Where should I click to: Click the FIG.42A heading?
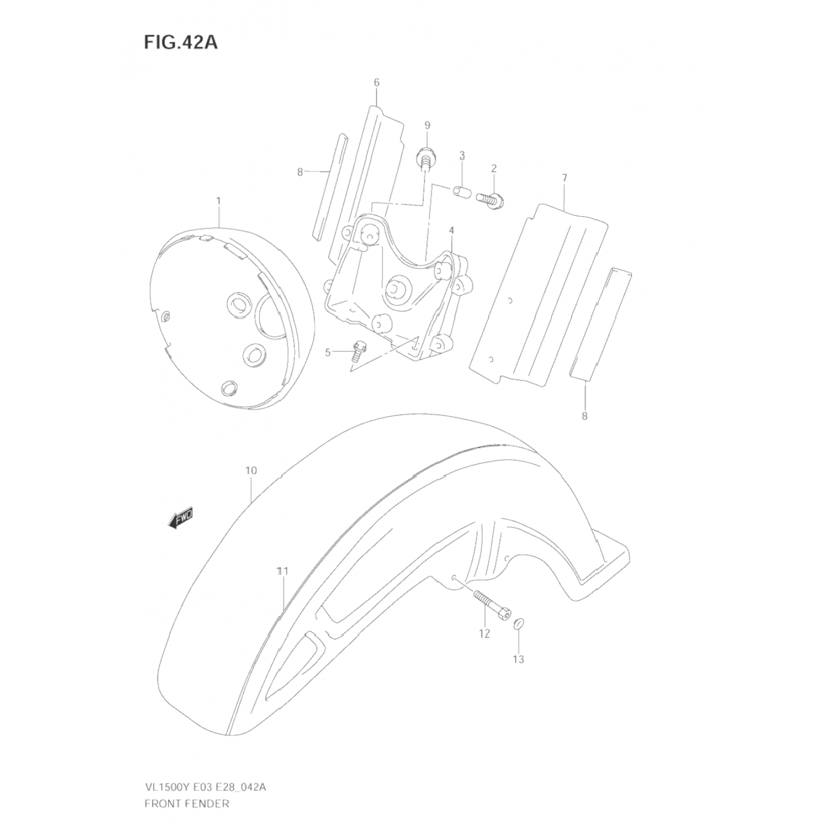coord(181,42)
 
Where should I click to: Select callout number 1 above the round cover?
coord(218,201)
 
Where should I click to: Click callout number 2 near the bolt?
coord(493,168)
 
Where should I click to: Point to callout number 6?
coord(377,83)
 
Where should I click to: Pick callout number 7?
coord(565,178)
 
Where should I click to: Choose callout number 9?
coord(427,125)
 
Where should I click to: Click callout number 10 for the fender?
coord(251,470)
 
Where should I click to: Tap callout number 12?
coord(484,634)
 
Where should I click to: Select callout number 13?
coord(518,659)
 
